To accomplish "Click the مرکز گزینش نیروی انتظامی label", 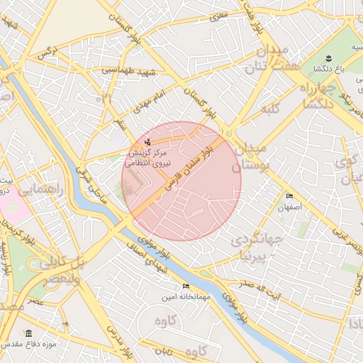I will pyautogui.click(x=147, y=157).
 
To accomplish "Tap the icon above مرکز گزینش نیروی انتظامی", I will pyautogui.click(x=147, y=143).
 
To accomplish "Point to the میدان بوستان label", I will pyautogui.click(x=248, y=156).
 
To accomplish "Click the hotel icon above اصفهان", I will pyautogui.click(x=289, y=196).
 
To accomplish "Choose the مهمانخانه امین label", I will pyautogui.click(x=186, y=296).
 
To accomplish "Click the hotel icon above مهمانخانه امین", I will pyautogui.click(x=186, y=286).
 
